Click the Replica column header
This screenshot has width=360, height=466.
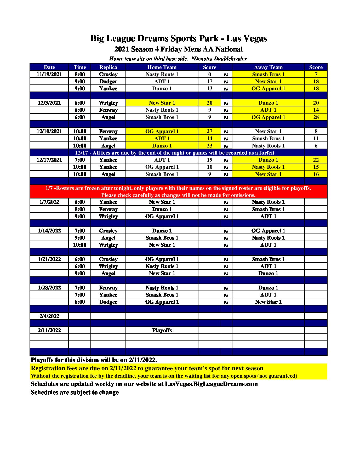(x=108, y=67)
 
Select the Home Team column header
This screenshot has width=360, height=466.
(x=162, y=67)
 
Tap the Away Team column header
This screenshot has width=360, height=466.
(x=268, y=67)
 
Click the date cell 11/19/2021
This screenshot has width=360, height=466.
(x=49, y=74)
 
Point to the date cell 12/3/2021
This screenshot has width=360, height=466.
(x=49, y=103)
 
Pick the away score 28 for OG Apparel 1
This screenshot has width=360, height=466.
(x=316, y=117)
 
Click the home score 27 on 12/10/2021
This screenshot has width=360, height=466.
(x=209, y=131)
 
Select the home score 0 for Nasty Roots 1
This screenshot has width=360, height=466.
(x=209, y=74)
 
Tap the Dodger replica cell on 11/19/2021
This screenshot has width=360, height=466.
(x=108, y=81)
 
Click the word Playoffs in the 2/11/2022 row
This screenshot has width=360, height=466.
(x=162, y=330)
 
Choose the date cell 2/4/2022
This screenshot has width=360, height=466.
(x=49, y=316)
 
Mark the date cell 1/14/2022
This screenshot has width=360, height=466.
(x=49, y=231)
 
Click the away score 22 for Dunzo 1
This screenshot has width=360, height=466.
(x=316, y=160)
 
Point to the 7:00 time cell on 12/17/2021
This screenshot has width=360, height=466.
(x=79, y=160)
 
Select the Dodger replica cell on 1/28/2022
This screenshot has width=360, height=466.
(x=108, y=302)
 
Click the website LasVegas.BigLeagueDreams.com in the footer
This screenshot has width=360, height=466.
(x=211, y=384)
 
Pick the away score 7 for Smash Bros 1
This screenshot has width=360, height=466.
(x=316, y=74)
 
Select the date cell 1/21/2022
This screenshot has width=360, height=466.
(x=49, y=259)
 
